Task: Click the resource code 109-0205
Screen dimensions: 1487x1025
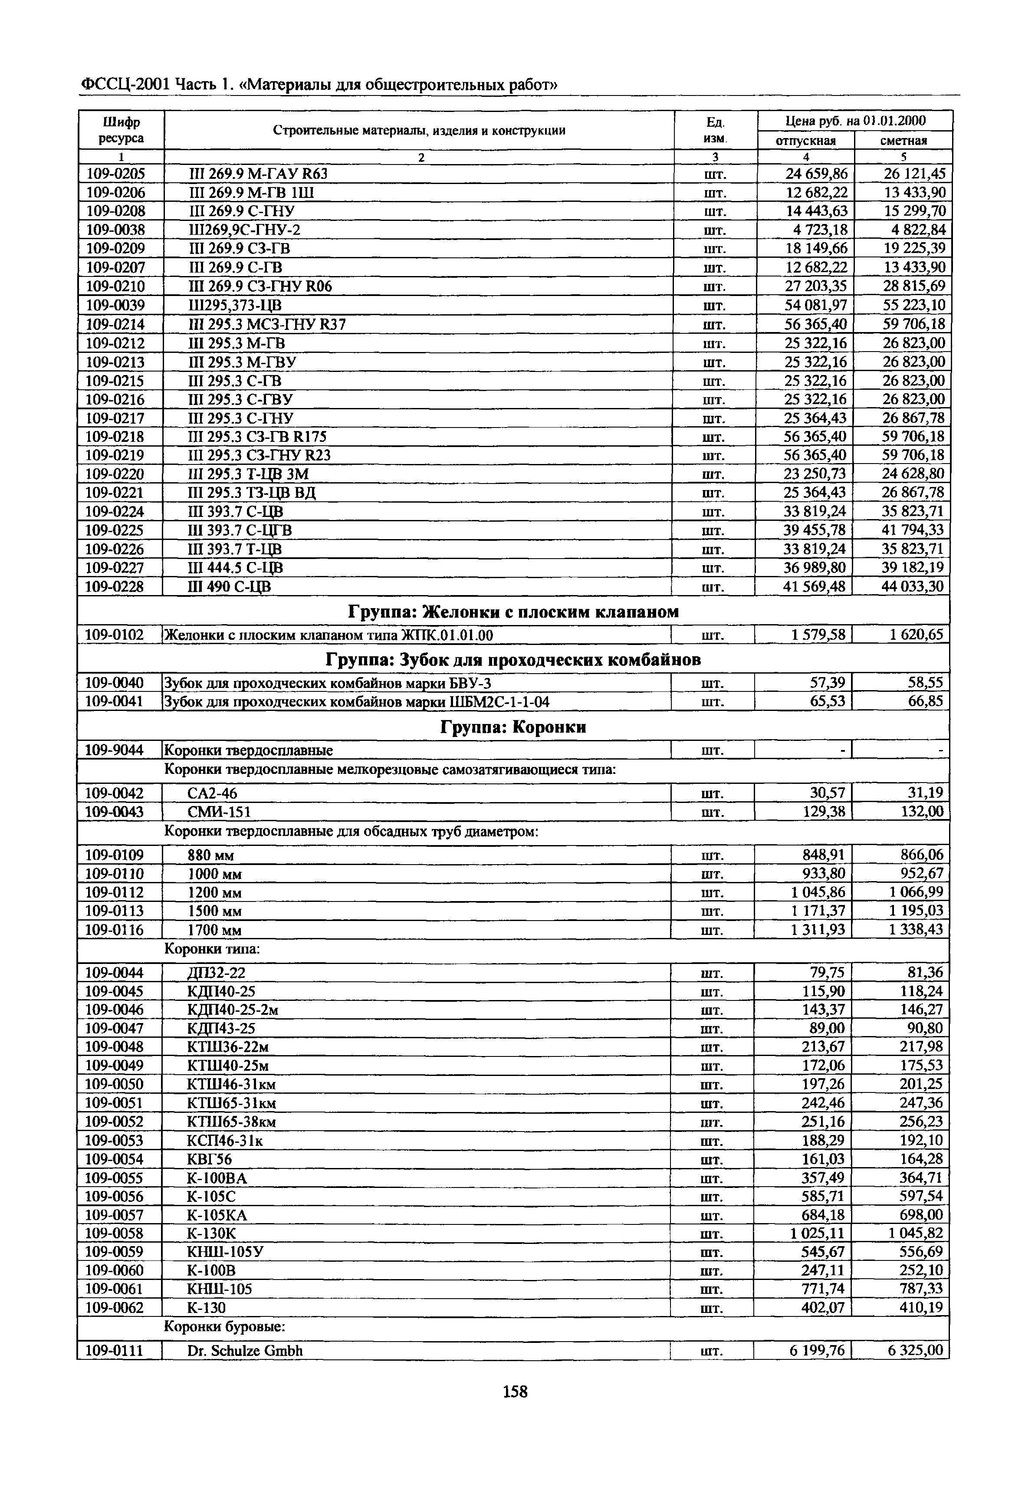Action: pyautogui.click(x=115, y=174)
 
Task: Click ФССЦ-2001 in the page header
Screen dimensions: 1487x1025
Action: pyautogui.click(x=125, y=84)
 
